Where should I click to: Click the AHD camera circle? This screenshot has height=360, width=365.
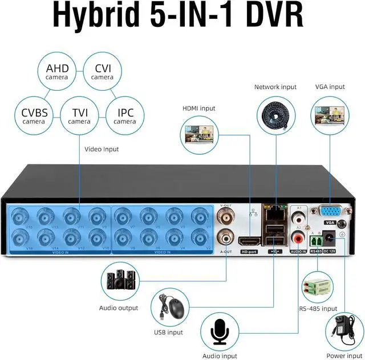[x=57, y=72]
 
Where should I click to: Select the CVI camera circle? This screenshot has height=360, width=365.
[x=103, y=72]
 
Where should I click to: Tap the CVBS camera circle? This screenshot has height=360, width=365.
[x=34, y=116]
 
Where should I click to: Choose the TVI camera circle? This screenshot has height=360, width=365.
[x=79, y=116]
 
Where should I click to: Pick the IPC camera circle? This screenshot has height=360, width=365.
[x=125, y=116]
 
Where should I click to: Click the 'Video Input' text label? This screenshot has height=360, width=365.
[x=102, y=149]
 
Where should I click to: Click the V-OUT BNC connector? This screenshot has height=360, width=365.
[x=226, y=216]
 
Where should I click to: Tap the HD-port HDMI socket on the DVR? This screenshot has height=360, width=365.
[x=249, y=241]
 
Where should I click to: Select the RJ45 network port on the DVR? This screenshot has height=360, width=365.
[x=273, y=213]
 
